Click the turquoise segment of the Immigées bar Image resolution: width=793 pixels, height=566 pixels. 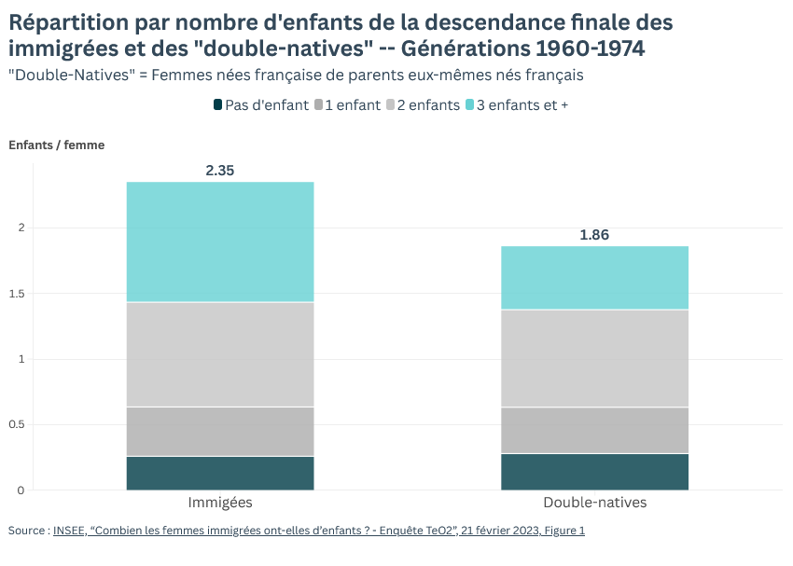point(220,242)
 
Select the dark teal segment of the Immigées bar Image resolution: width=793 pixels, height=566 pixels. point(220,473)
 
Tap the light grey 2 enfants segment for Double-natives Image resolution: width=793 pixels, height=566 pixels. point(594,358)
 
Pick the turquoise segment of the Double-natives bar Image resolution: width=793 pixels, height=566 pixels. point(594,278)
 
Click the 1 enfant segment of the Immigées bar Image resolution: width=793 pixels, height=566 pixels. point(220,432)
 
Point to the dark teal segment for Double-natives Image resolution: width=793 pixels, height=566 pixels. point(594,472)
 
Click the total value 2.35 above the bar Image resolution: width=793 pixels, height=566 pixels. point(220,171)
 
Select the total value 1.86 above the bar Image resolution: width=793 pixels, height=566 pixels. point(594,235)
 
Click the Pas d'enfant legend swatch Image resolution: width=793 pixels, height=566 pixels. point(218,105)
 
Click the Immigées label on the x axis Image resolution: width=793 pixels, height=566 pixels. point(220,503)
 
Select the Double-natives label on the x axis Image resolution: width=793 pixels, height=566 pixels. point(594,503)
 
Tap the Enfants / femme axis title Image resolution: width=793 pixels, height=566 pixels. point(57,145)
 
